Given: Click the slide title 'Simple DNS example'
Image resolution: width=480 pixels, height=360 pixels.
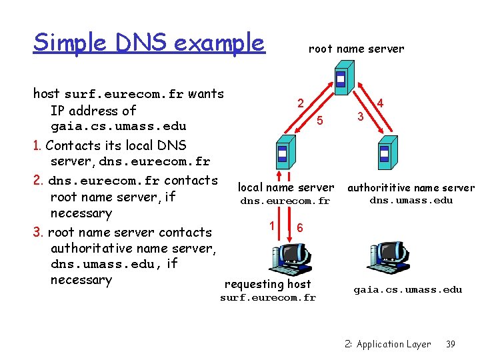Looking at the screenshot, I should [149, 43].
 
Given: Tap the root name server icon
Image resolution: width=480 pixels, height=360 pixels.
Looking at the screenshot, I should [341, 81].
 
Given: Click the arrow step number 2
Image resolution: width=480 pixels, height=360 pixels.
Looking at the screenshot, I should [301, 103].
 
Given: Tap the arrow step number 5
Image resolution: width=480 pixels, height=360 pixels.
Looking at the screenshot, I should [320, 121].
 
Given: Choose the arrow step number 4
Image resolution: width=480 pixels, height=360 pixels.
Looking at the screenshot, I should [380, 103].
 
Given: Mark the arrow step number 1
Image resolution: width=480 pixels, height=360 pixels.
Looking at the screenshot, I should [272, 224].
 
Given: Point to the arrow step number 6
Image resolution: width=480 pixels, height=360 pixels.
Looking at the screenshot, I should [300, 227].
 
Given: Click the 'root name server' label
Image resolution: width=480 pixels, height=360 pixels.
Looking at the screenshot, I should [356, 49].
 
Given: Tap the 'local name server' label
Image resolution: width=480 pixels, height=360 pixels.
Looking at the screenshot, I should [286, 188].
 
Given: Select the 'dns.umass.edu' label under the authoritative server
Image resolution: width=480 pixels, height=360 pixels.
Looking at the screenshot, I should [411, 200].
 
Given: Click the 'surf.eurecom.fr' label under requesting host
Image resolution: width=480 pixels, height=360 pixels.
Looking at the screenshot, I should [268, 298].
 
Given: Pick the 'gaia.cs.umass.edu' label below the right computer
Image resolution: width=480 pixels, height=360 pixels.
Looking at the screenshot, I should [407, 289].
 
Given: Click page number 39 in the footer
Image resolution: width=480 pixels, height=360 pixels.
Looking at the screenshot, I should [450, 344].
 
